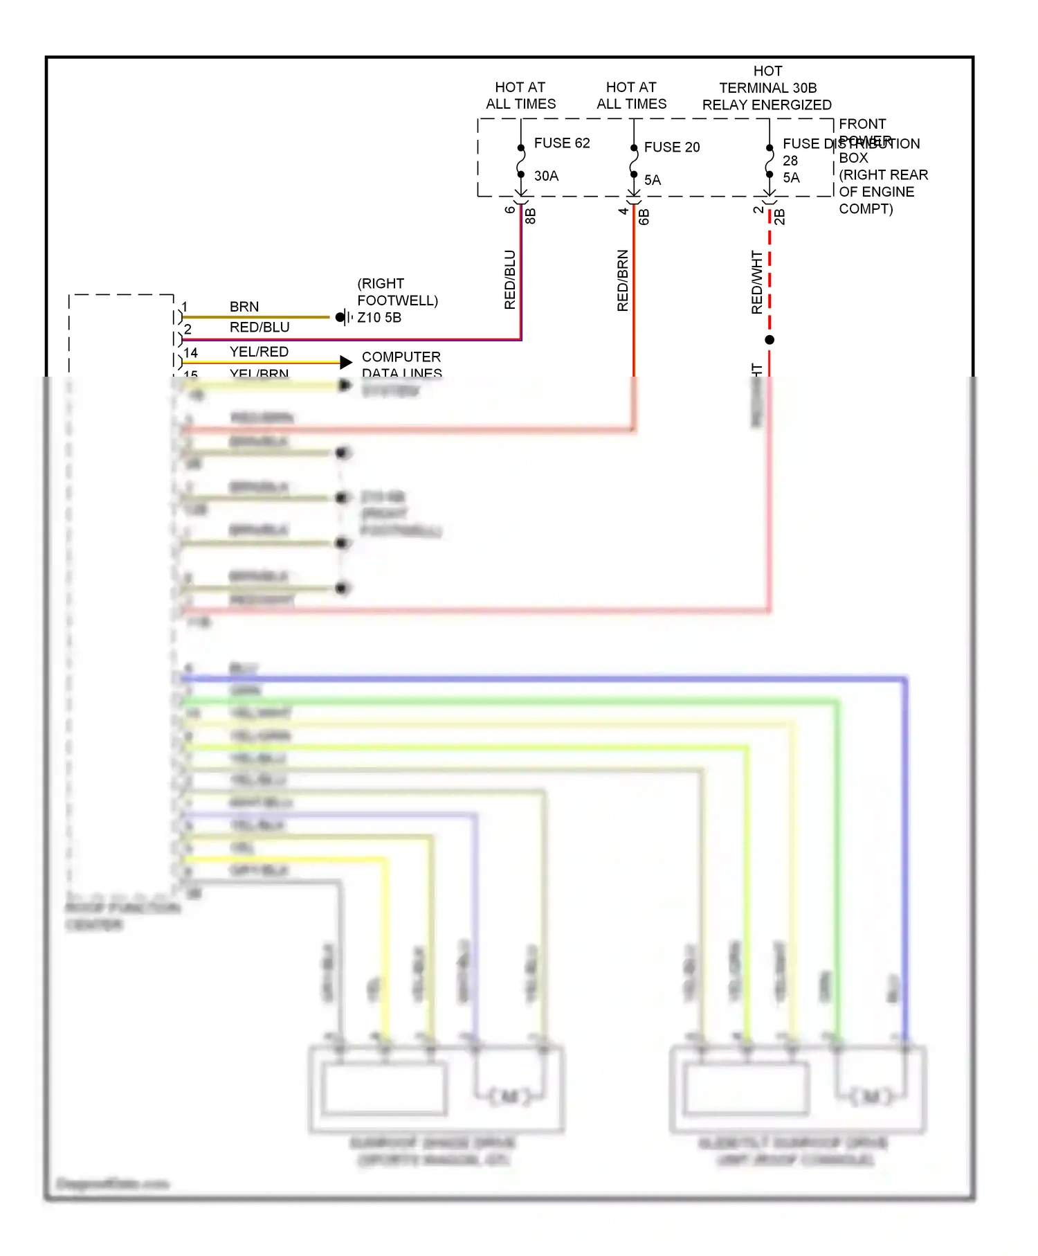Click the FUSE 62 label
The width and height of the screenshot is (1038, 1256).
coord(561,143)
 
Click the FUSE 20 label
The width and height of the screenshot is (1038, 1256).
coord(671,147)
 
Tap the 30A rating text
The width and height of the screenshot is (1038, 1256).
coord(546,176)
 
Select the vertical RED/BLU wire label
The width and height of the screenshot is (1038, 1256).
coord(510,279)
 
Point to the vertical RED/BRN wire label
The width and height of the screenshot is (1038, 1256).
coord(623,280)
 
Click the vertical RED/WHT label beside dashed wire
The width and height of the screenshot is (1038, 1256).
coord(757,282)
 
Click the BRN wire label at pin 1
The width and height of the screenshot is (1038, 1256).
coord(244,307)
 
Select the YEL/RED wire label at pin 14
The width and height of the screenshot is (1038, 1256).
coord(259,352)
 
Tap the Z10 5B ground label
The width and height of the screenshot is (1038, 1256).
coord(379,318)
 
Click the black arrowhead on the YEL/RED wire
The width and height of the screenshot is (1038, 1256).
coord(346,362)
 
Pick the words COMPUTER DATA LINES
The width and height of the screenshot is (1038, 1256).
coord(401,365)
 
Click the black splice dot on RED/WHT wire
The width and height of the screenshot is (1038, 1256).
coord(770,340)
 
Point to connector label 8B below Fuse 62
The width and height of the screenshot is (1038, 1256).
coord(531,216)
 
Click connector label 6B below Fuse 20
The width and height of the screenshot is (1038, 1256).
coord(644,217)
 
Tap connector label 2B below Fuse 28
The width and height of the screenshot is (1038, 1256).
coord(780,217)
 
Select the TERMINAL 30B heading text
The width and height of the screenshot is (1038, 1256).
coord(767,88)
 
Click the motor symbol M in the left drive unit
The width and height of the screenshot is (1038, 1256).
coord(509,1096)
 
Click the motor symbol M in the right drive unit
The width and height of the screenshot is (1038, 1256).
coord(871,1096)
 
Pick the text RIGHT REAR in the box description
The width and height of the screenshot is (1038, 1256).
coord(884,175)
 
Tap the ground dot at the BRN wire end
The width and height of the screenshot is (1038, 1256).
coord(340,318)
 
